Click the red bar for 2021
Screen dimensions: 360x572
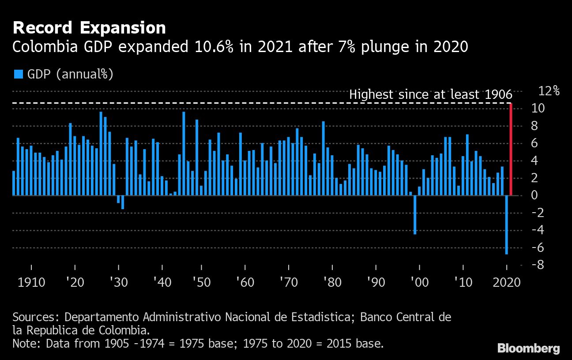click(x=511, y=149)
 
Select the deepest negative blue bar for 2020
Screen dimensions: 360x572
click(x=507, y=225)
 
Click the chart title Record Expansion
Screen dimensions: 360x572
click(x=89, y=28)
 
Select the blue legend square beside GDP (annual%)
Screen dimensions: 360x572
click(x=18, y=74)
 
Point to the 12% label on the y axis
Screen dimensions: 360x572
click(x=549, y=91)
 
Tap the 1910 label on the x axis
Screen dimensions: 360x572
click(x=31, y=282)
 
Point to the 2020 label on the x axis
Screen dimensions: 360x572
click(x=506, y=282)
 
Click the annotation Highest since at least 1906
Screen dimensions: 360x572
click(x=430, y=94)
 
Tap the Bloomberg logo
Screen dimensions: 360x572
click(x=529, y=348)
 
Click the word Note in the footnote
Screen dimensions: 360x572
click(x=26, y=343)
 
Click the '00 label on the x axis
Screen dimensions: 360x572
click(x=419, y=282)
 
